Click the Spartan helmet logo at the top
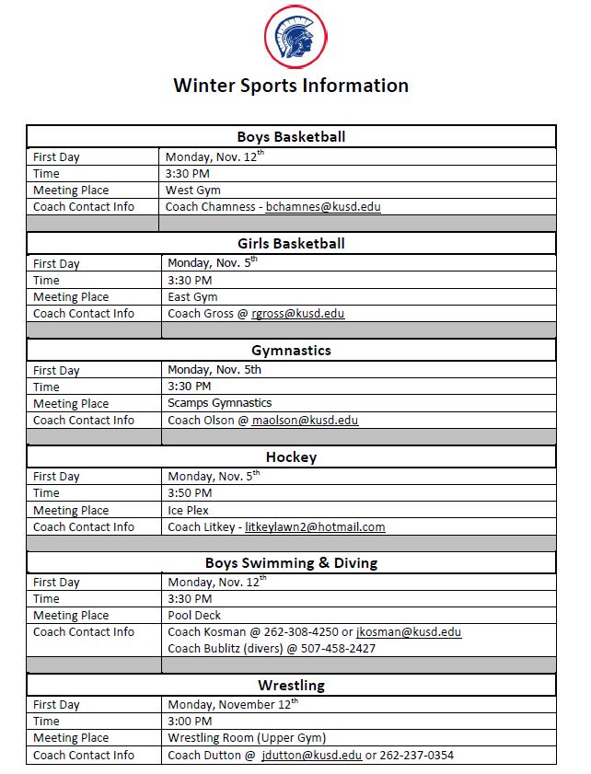point(295,37)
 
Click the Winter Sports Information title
point(291,86)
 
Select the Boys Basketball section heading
point(291,137)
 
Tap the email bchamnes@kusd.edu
point(323,207)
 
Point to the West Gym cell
point(192,191)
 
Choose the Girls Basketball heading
point(291,244)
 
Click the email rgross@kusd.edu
point(298,314)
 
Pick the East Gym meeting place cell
point(192,297)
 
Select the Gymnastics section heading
point(291,351)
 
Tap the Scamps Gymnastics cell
point(219,403)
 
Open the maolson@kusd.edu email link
point(305,421)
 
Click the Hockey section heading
point(291,457)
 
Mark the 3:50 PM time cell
point(190,493)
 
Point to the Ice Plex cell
point(188,510)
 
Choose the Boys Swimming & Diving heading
point(291,563)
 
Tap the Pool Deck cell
point(193,616)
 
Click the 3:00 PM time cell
point(190,722)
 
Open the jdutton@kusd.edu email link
point(311,756)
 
